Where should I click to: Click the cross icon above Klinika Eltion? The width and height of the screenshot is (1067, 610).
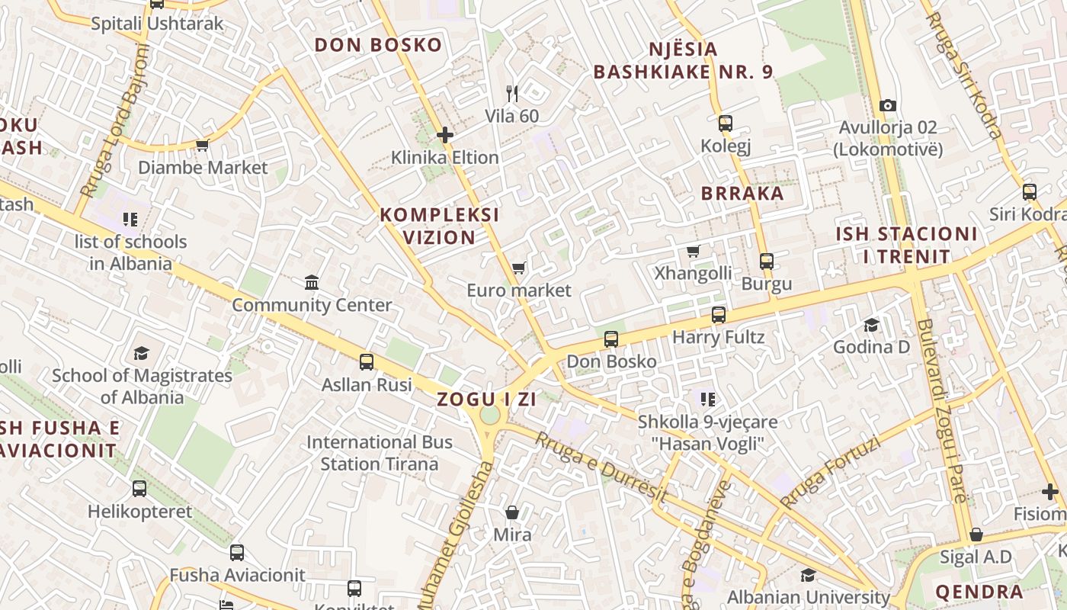click(x=445, y=136)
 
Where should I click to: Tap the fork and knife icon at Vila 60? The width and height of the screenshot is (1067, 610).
click(x=512, y=94)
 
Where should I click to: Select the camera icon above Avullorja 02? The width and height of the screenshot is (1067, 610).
click(x=887, y=105)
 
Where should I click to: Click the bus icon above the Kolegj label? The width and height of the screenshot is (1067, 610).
click(x=725, y=123)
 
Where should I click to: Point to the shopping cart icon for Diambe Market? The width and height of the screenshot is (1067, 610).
click(x=202, y=145)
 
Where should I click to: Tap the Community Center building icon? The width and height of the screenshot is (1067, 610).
click(x=311, y=283)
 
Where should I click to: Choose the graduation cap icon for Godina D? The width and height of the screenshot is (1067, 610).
click(x=871, y=326)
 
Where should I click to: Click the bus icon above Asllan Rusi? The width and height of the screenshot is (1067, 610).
click(x=367, y=362)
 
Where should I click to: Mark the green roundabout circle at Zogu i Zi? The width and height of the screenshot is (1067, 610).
click(x=490, y=416)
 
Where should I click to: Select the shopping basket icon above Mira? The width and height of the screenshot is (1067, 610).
click(x=512, y=512)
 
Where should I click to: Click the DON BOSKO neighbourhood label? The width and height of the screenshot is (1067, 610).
click(x=378, y=45)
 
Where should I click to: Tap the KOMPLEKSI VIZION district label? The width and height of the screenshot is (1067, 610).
click(x=440, y=226)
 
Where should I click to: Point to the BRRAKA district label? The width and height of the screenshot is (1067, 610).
click(x=742, y=193)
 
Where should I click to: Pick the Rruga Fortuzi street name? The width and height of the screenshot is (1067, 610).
click(x=830, y=472)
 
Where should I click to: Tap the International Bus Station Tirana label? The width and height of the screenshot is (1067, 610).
click(x=379, y=453)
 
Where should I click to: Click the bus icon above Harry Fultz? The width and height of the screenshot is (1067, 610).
click(x=718, y=315)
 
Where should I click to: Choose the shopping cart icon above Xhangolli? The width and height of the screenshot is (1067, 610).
click(x=693, y=251)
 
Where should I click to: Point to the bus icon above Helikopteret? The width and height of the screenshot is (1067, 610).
click(x=139, y=489)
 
